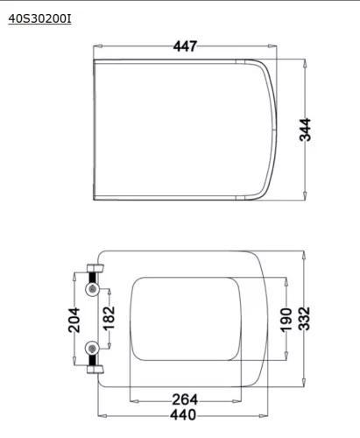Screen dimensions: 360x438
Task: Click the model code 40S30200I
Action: [39, 18]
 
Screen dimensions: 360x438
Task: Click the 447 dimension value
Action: [185, 46]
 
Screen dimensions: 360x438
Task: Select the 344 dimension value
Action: [306, 130]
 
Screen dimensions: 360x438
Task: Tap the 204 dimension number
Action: [74, 320]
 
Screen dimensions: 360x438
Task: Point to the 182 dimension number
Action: [109, 318]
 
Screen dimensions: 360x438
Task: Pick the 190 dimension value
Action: [286, 320]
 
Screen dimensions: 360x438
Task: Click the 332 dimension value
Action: [304, 319]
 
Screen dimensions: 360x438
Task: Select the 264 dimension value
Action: [185, 399]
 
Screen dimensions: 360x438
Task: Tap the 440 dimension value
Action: [183, 415]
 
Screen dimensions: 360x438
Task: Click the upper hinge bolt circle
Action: [93, 289]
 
